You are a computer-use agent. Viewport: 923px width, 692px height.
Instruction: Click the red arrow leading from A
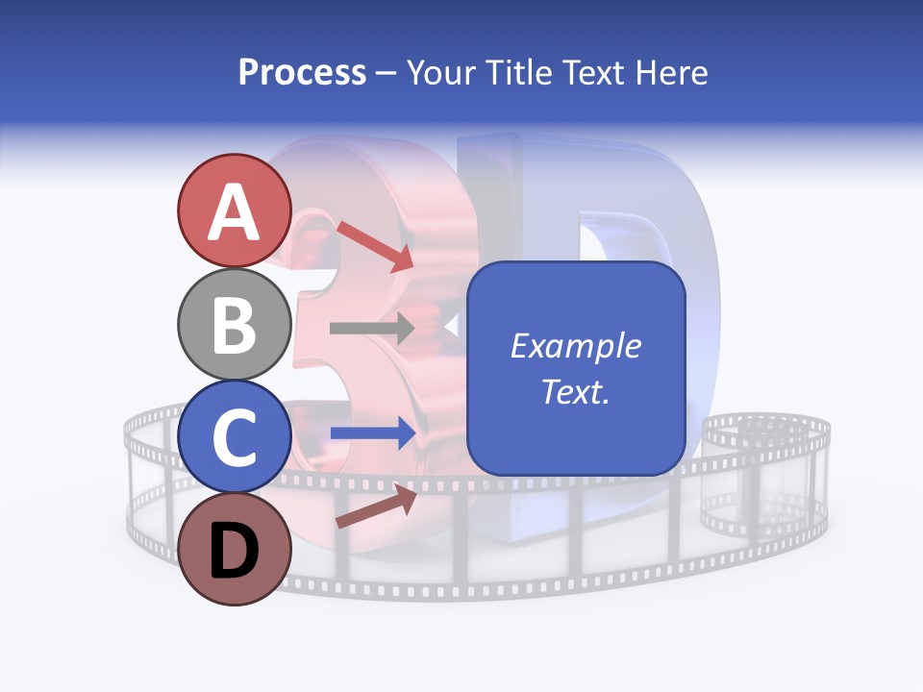click(x=375, y=245)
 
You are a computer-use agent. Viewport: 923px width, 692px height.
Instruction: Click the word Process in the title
click(x=302, y=72)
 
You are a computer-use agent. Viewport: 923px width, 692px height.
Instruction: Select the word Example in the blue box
click(x=576, y=346)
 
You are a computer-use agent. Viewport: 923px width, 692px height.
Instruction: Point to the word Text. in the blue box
click(x=576, y=391)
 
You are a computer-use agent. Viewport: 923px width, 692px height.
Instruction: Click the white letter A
click(x=234, y=211)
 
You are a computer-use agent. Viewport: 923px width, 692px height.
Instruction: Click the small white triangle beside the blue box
click(x=449, y=328)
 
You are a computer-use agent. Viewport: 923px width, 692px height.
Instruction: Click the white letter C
click(x=234, y=437)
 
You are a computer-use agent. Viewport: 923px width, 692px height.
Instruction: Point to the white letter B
click(x=234, y=324)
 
